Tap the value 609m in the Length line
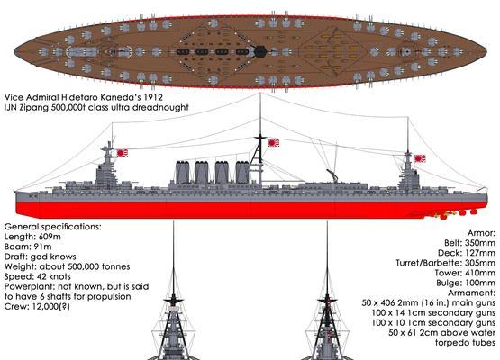(x=50, y=237)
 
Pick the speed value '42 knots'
(x=54, y=276)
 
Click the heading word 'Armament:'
(x=471, y=292)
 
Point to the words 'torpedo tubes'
(x=465, y=343)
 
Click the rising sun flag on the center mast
(x=273, y=143)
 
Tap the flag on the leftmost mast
(x=123, y=153)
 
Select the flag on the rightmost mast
(x=420, y=158)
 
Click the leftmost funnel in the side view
(x=183, y=173)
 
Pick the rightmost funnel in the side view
(x=242, y=173)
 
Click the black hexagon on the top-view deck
(x=260, y=51)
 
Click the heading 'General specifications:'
(x=53, y=227)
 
